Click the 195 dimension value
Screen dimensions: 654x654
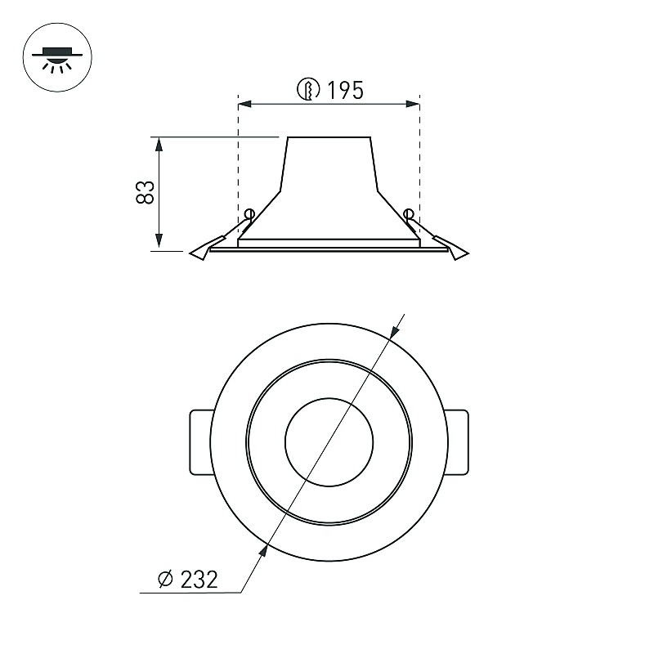345,90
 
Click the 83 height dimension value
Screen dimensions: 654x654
146,192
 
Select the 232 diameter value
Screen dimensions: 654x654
199,580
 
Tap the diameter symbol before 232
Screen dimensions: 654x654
166,579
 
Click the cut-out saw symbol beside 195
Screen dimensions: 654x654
309,89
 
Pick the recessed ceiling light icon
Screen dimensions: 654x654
57,57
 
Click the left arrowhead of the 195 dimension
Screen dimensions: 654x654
244,104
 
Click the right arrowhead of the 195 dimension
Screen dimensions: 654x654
413,104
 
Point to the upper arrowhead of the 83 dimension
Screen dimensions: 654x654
159,144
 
